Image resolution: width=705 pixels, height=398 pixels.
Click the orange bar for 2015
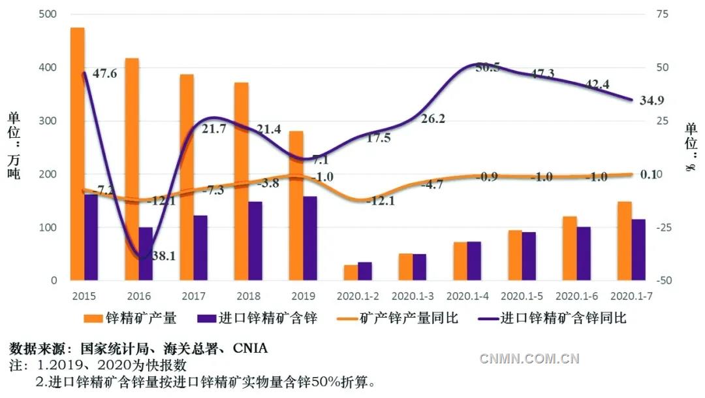(x=77, y=154)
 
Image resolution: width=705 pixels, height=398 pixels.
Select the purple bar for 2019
(x=310, y=238)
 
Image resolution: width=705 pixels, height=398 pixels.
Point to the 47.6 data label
(x=105, y=74)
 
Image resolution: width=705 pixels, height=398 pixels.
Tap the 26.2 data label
(x=432, y=118)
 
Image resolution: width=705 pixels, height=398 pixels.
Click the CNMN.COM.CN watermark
(x=529, y=357)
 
